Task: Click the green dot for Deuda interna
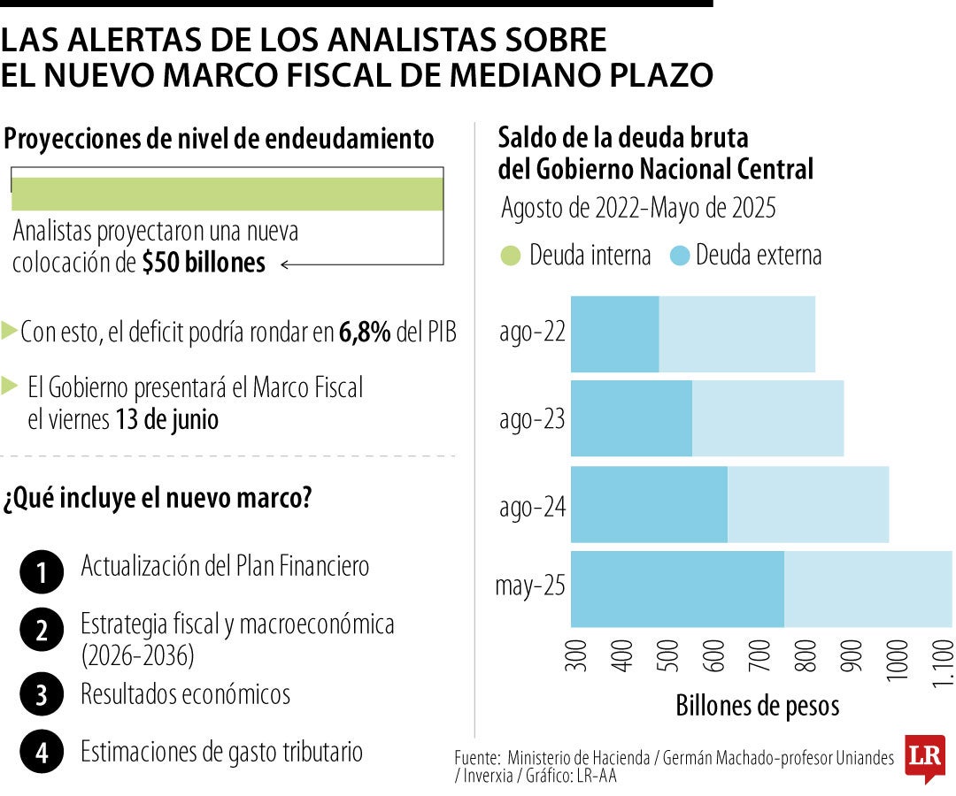(511, 256)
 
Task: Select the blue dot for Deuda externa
(680, 256)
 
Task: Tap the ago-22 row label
(531, 333)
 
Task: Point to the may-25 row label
(529, 587)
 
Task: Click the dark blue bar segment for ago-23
(631, 418)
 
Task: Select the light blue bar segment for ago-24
(807, 504)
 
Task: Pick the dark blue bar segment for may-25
(677, 589)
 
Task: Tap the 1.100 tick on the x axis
(944, 663)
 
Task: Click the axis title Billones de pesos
(757, 706)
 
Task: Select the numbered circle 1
(41, 573)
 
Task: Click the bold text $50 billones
(204, 264)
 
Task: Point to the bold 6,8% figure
(365, 333)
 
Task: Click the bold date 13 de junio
(166, 419)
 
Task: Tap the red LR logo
(924, 757)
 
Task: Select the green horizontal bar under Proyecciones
(227, 194)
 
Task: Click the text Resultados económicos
(185, 694)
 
